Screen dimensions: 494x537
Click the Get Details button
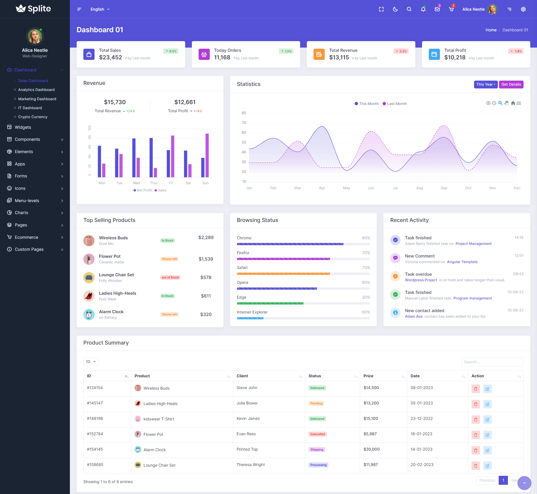(511, 85)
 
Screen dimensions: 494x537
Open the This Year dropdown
(486, 85)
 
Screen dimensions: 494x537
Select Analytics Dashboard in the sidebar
(36, 90)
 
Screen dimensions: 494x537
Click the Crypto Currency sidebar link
(32, 117)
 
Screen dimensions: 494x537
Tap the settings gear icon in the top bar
(523, 9)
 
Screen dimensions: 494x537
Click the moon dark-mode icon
(395, 9)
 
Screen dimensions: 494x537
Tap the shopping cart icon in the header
(451, 9)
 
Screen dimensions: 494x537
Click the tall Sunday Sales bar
(207, 155)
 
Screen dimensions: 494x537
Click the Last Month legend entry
(395, 104)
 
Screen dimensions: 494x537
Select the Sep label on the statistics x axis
(444, 188)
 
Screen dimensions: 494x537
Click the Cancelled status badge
(317, 434)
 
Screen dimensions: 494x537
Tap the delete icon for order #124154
(475, 389)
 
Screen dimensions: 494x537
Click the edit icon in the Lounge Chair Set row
(487, 466)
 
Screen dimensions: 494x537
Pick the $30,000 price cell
(371, 449)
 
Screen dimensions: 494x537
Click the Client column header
(242, 376)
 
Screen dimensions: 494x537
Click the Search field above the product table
(492, 362)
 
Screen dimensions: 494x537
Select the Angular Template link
(462, 262)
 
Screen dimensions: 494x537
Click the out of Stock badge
(170, 278)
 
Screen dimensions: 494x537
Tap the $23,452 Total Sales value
(110, 58)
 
